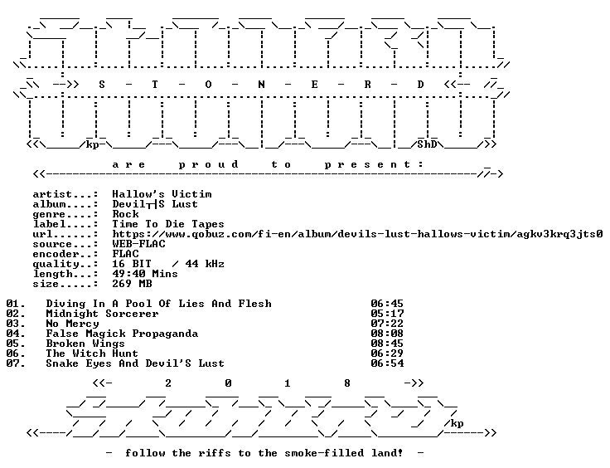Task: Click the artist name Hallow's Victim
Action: pos(162,194)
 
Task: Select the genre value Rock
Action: pos(125,214)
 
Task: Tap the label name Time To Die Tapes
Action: pos(168,224)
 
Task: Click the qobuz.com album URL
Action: pos(357,234)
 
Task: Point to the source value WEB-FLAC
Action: pos(138,244)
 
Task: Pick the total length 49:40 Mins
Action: pos(145,274)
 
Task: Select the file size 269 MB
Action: pos(132,284)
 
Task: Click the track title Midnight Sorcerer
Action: pos(102,314)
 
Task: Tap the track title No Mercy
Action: pos(72,324)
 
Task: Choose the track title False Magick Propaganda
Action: pos(122,334)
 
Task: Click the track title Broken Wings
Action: pos(85,344)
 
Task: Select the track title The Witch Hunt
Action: pos(92,353)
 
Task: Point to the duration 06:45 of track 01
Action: pos(387,304)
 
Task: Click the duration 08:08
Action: pos(387,334)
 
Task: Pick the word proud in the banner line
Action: pos(208,164)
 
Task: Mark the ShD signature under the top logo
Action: pos(427,144)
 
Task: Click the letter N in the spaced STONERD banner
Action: pos(261,85)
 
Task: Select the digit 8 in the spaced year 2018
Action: pos(347,383)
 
